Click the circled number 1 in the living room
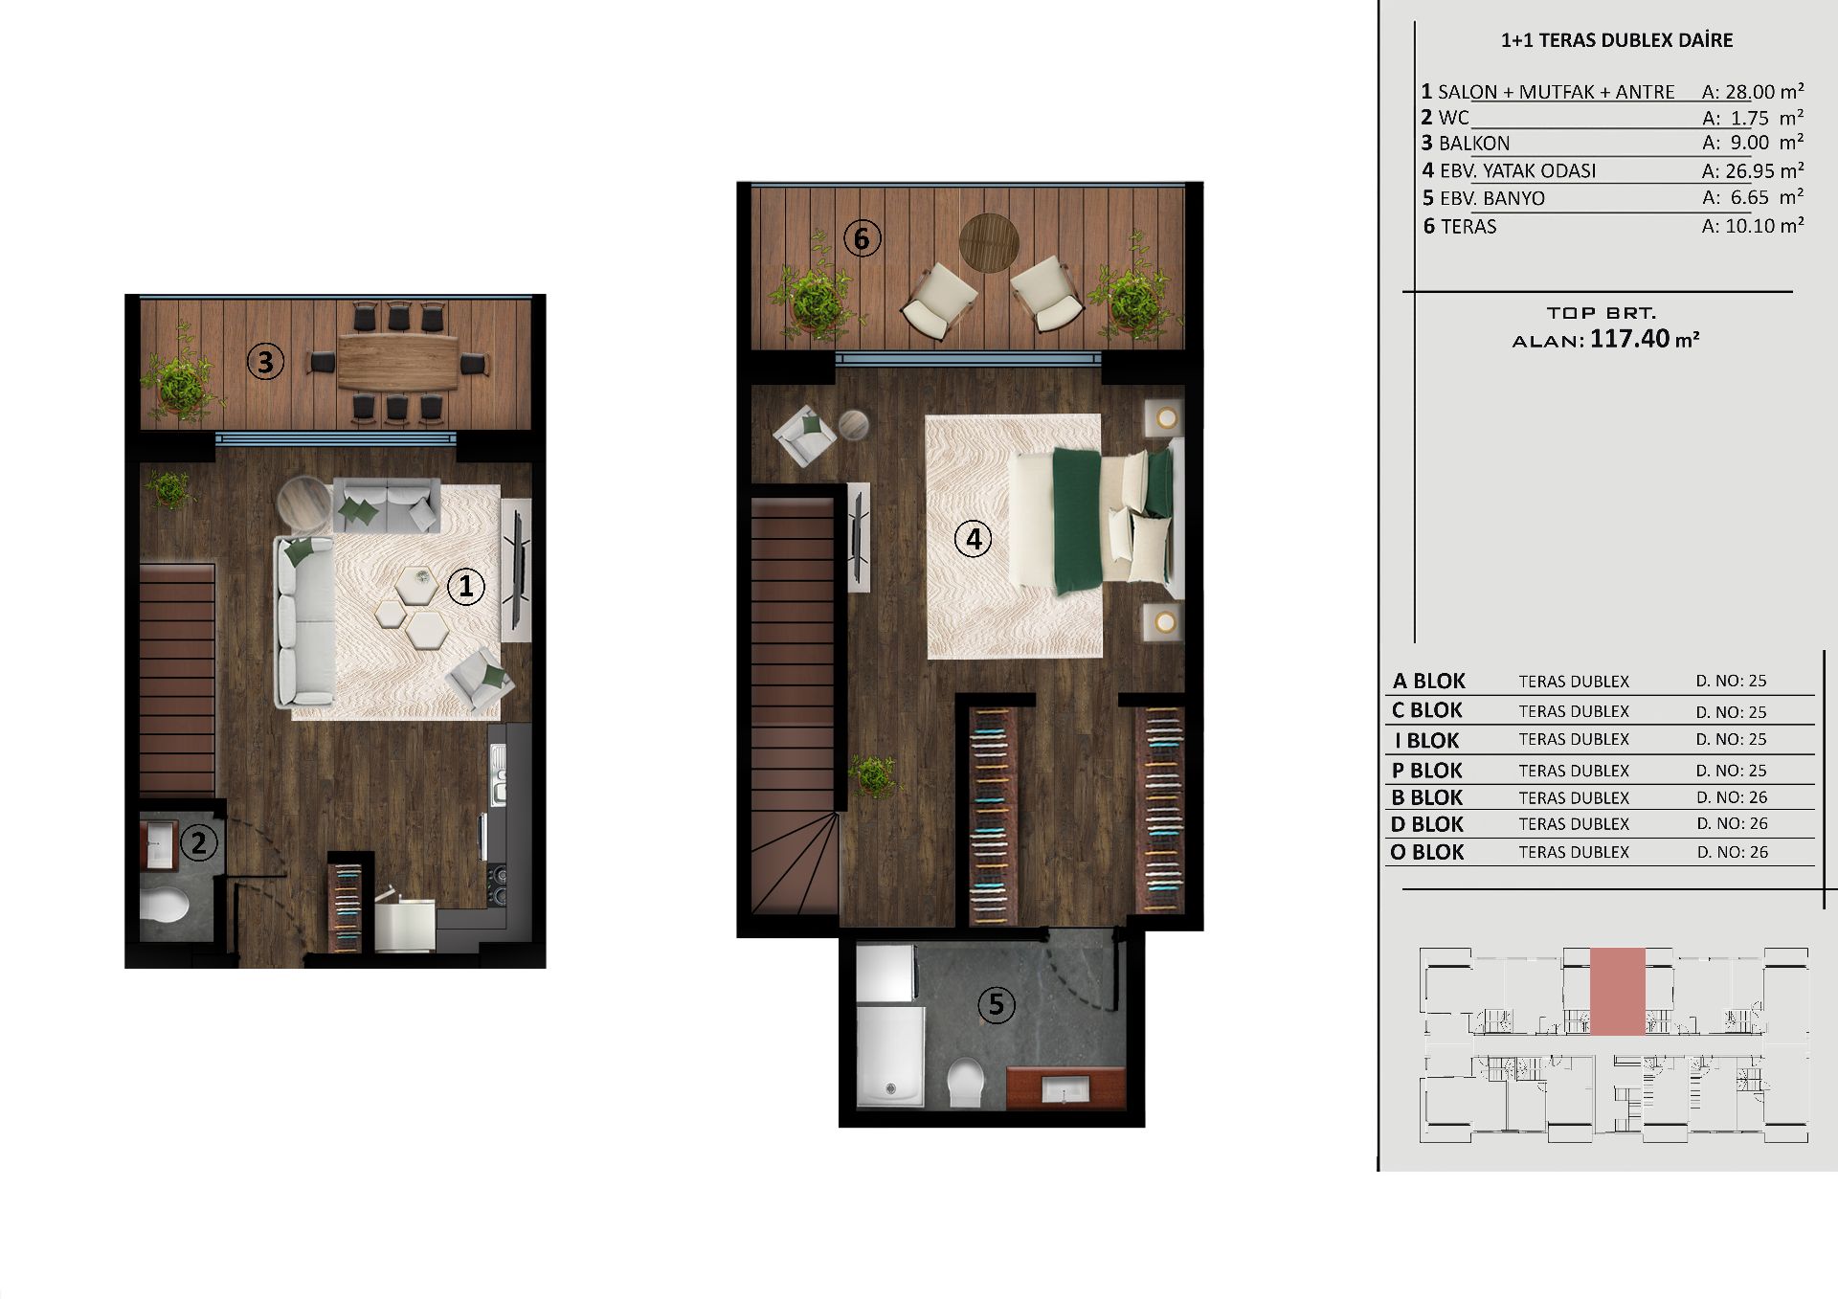point(466,586)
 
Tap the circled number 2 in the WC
point(198,842)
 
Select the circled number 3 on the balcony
point(265,362)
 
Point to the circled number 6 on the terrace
point(862,237)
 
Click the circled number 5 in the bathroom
point(997,1004)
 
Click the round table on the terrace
point(989,243)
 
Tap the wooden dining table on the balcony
point(398,363)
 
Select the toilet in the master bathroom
point(966,1083)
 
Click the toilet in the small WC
point(165,903)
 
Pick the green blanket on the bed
point(1078,520)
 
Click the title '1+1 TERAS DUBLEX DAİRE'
point(1617,40)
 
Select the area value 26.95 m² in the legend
point(1753,170)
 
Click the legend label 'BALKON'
point(1474,144)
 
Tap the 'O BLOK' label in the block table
point(1427,852)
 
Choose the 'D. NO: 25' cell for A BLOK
point(1731,681)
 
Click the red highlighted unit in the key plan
point(1618,992)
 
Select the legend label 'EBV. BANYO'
point(1492,198)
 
